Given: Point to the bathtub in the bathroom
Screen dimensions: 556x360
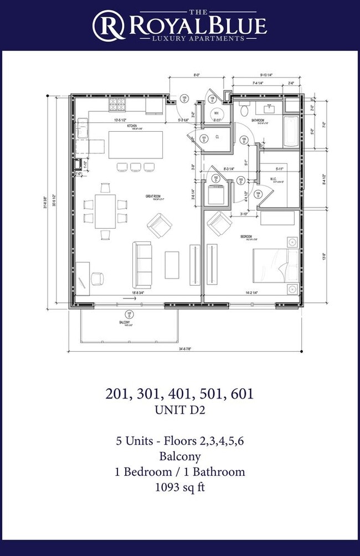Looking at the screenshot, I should (291, 131).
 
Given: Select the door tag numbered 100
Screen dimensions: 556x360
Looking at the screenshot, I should (184, 99).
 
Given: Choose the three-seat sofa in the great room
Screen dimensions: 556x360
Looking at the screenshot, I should (142, 260).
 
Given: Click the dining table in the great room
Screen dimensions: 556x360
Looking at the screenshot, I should (105, 210).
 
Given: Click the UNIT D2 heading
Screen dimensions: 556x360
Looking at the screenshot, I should (179, 410).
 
